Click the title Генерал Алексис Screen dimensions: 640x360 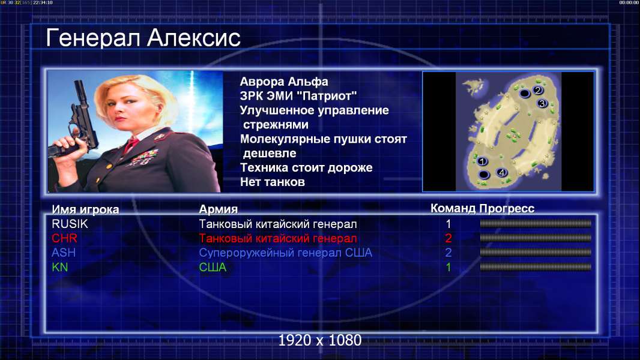[x=143, y=38]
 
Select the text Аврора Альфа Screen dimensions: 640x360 [x=283, y=82]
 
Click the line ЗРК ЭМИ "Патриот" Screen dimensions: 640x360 [x=298, y=96]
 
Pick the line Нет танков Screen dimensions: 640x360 [x=272, y=182]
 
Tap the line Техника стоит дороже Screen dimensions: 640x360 [x=306, y=167]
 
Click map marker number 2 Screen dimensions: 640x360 [x=537, y=90]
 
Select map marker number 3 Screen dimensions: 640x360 [x=542, y=104]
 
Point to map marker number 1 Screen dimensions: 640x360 [x=482, y=161]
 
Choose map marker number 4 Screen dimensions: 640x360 [x=502, y=172]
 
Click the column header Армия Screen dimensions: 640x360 [x=218, y=209]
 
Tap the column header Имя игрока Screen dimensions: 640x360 [x=85, y=209]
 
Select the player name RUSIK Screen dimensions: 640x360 [x=70, y=224]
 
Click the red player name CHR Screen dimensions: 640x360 [x=64, y=238]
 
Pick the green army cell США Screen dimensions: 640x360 [x=213, y=268]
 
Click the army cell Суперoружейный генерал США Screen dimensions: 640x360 [x=285, y=253]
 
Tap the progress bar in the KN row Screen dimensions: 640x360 [x=536, y=267]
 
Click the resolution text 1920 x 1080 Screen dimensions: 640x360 [x=319, y=340]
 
